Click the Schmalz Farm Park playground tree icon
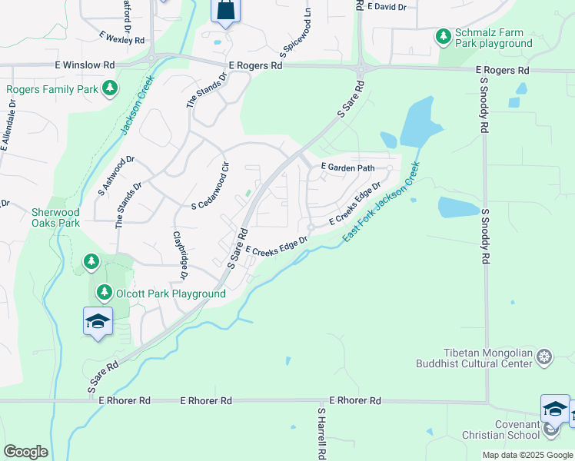(x=443, y=36)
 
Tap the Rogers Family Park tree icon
(x=110, y=89)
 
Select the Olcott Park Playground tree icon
(x=104, y=293)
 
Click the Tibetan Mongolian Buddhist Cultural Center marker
(x=544, y=357)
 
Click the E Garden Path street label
(x=347, y=167)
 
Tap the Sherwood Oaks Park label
(x=55, y=217)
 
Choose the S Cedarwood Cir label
(x=211, y=187)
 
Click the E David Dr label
(x=387, y=6)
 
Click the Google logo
(x=25, y=452)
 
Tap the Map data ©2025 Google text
(x=527, y=455)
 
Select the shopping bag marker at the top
(x=226, y=11)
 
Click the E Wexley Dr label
(x=123, y=37)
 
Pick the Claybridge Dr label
(x=181, y=254)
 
